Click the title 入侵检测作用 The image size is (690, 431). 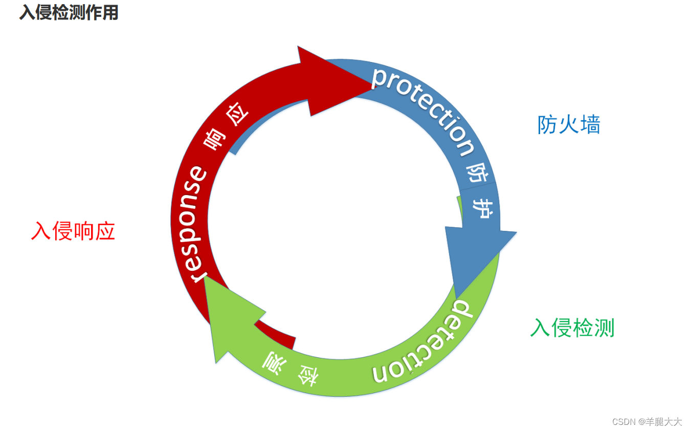point(69,13)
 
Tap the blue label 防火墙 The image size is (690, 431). point(569,124)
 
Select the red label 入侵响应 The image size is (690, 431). point(73,231)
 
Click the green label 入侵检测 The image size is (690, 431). point(572,328)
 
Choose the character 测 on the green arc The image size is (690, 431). point(272,364)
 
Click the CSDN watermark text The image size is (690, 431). point(624,422)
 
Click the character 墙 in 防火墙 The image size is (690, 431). point(590,124)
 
